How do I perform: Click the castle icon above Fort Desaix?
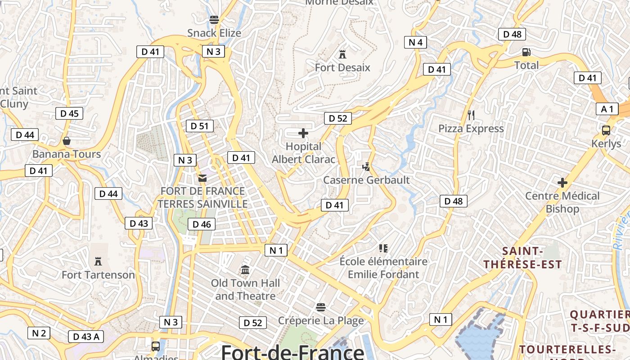342,54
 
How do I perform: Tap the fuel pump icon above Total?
526,52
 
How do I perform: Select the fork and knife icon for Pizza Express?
471,115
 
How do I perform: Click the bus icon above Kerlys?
606,130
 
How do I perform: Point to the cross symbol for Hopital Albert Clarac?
303,133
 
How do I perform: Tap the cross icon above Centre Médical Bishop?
562,183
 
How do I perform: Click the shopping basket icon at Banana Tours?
67,141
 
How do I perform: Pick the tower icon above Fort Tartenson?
98,261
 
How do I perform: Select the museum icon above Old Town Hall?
245,270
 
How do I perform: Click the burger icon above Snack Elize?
214,20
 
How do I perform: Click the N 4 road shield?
415,42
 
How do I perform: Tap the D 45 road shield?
69,113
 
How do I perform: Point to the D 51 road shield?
200,126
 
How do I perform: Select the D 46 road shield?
202,224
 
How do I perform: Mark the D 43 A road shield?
86,336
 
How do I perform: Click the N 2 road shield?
39,333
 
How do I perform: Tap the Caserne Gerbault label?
366,180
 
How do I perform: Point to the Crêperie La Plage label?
321,320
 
